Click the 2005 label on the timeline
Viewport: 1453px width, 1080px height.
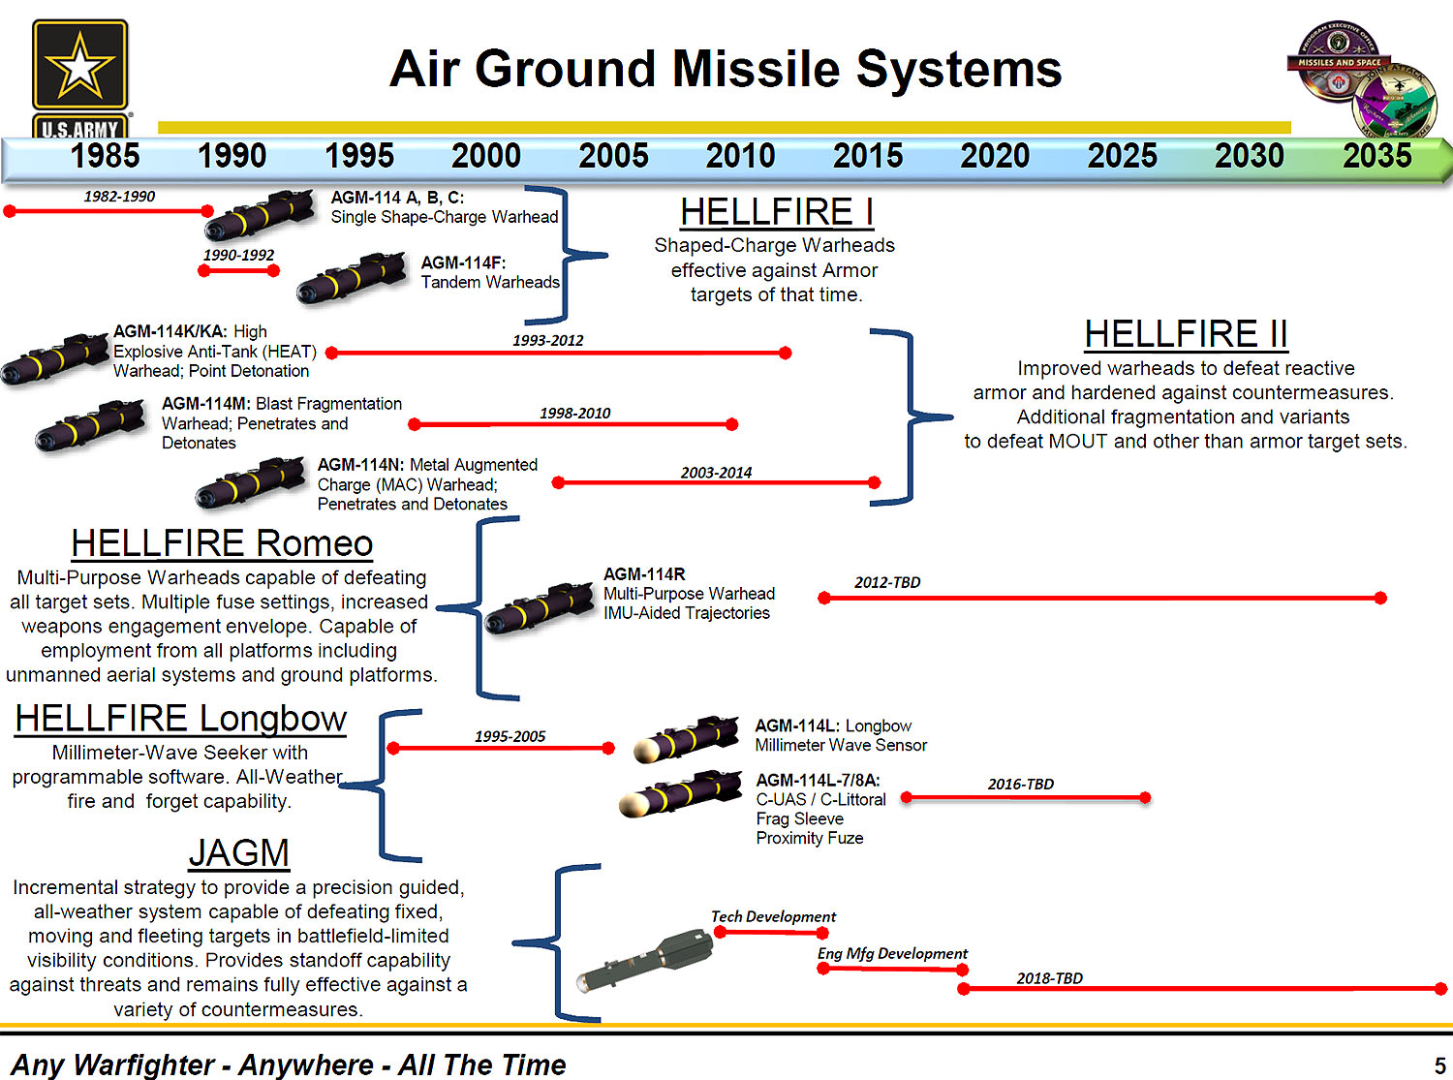coord(613,156)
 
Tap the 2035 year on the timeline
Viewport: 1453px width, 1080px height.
coord(1377,156)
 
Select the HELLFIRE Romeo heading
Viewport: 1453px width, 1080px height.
coord(222,543)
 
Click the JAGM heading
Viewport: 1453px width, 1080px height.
coord(239,852)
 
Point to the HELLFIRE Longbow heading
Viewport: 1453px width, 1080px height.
coord(181,719)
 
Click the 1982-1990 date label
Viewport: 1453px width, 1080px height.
coord(119,197)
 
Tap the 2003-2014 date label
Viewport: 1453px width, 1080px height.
coord(716,473)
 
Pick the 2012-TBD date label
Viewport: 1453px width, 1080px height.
coord(887,582)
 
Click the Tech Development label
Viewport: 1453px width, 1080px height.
coord(774,916)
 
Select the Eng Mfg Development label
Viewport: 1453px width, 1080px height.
coord(892,953)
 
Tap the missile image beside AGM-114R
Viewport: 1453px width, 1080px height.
coord(540,607)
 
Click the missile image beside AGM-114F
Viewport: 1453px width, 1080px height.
coord(352,278)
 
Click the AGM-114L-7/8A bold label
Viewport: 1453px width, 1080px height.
coord(818,780)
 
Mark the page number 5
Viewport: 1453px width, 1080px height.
coord(1439,1065)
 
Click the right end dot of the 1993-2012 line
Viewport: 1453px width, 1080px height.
coord(785,354)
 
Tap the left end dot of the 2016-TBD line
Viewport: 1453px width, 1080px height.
coord(907,797)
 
